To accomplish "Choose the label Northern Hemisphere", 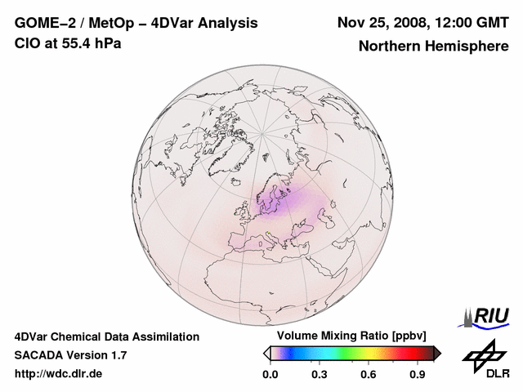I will pyautogui.click(x=433, y=47).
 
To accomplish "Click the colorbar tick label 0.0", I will pyautogui.click(x=270, y=375).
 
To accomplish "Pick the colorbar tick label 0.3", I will pyautogui.click(x=320, y=375).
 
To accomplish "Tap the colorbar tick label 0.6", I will pyautogui.click(x=369, y=375).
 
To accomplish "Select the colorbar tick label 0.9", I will pyautogui.click(x=418, y=375).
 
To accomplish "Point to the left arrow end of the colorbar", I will pyautogui.click(x=266, y=353).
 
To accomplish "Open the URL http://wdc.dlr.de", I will pyautogui.click(x=60, y=374).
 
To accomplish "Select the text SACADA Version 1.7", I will pyautogui.click(x=70, y=355).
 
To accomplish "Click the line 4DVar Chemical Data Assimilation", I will pyautogui.click(x=106, y=336).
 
